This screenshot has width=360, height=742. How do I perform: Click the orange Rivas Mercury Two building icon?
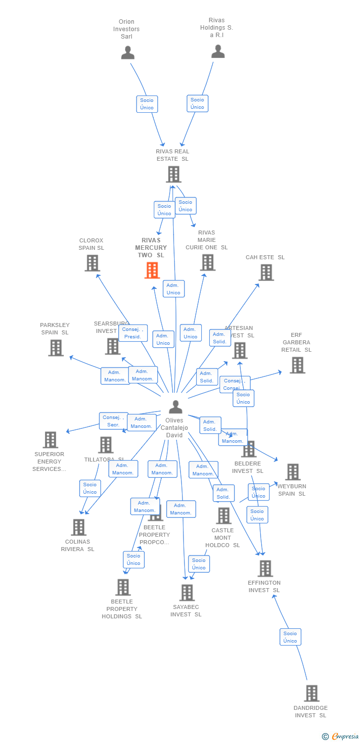(152, 271)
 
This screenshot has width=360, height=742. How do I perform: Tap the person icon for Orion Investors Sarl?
(128, 52)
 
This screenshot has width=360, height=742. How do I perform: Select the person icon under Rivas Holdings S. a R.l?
(218, 51)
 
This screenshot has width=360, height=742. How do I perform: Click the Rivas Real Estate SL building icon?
(173, 174)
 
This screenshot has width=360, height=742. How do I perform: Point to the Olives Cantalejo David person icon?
(175, 407)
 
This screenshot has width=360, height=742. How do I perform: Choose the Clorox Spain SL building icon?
(92, 263)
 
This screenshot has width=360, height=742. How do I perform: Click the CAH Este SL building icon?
(266, 272)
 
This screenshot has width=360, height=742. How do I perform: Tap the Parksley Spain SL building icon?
(56, 348)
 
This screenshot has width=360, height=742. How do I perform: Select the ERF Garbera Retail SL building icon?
(297, 365)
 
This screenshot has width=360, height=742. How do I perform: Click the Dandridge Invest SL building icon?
(311, 694)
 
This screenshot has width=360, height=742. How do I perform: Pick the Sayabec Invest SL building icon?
(186, 592)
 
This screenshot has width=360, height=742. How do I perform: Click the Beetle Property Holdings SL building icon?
(122, 587)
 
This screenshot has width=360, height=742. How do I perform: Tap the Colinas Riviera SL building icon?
(78, 527)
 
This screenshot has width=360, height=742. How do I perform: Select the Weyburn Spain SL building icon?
(292, 472)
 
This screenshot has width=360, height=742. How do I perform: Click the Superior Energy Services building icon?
(50, 439)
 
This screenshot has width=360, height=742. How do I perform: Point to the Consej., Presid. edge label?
(133, 333)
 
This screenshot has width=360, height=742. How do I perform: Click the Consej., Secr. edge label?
(113, 421)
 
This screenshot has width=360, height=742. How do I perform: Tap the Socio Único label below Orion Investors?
(147, 104)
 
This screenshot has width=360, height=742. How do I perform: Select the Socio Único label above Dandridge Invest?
(290, 637)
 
